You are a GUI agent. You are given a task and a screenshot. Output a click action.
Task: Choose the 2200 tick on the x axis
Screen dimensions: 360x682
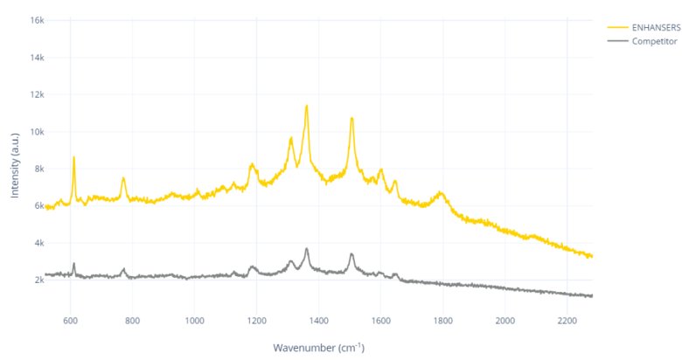coord(567,321)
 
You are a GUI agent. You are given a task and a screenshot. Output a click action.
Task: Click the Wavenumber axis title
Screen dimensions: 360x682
coord(318,348)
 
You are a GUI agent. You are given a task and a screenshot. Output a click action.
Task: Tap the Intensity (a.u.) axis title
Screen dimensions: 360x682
coord(15,167)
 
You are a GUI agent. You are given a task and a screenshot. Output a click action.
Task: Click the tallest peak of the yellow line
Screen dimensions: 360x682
coord(306,106)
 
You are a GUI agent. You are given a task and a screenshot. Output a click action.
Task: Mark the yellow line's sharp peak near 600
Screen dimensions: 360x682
coord(73,157)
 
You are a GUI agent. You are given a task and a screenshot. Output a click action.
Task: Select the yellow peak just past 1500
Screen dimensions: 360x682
coord(351,118)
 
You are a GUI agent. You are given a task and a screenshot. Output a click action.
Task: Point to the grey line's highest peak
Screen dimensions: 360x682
coord(306,249)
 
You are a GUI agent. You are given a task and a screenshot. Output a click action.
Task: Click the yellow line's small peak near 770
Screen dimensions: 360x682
coord(123,178)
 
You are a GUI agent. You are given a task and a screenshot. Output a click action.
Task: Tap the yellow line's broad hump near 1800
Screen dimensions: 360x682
coord(442,192)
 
